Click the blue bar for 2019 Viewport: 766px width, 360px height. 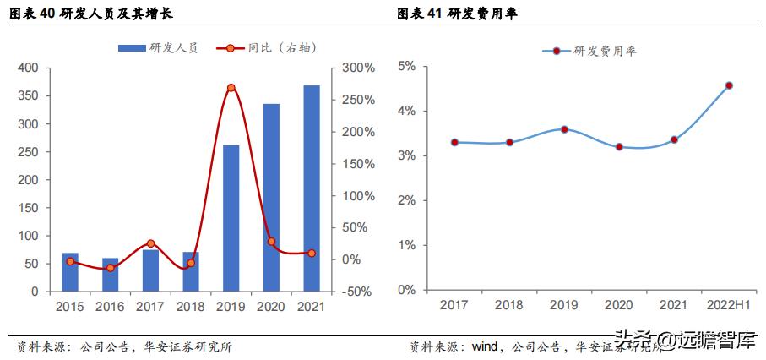pos(231,218)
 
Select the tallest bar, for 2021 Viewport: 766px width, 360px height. pos(312,188)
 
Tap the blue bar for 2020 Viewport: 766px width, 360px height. pos(271,198)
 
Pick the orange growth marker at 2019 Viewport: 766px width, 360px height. pos(231,88)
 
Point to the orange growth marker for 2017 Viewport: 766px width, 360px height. pos(150,243)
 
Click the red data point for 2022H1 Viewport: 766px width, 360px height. pos(729,85)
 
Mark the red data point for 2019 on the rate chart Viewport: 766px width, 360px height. pos(564,129)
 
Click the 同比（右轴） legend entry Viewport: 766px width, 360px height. pos(269,49)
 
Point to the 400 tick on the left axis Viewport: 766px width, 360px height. pos(29,68)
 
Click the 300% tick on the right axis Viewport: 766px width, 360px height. pos(358,68)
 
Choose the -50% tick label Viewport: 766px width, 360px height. pos(358,292)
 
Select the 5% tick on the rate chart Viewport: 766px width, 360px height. pos(406,66)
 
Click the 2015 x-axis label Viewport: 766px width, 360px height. pos(70,307)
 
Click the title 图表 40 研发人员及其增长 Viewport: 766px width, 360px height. pos(90,14)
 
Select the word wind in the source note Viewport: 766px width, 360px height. pos(484,346)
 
